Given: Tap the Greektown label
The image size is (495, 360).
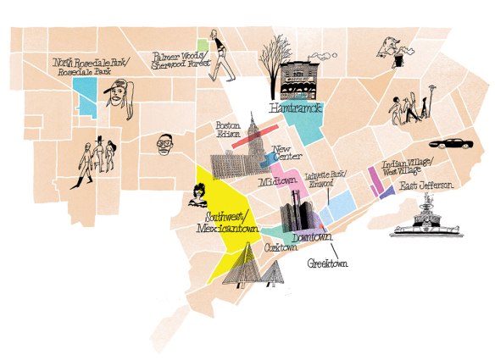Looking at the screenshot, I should [328, 263].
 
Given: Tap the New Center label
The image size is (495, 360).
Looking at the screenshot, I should [287, 156].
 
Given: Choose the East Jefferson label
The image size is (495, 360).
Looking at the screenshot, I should [428, 186].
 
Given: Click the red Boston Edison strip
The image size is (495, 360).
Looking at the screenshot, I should [253, 135].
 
